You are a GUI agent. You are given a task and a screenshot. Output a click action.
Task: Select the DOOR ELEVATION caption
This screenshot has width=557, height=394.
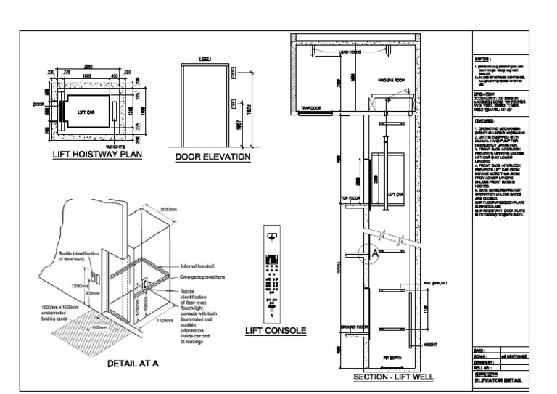213,157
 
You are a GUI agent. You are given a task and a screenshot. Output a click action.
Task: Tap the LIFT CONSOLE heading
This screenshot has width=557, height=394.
275,331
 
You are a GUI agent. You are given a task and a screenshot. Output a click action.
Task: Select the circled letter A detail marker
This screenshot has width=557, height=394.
374,255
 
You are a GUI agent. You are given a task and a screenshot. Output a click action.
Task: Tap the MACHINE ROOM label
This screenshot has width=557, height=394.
395,80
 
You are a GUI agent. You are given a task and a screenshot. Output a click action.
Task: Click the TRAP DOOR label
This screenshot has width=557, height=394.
310,108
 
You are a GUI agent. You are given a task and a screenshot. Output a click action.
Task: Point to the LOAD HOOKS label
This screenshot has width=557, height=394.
351,52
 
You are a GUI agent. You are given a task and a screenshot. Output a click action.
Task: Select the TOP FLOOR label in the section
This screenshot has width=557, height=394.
350,197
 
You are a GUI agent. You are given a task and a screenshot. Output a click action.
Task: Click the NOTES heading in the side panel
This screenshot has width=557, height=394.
484,57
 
